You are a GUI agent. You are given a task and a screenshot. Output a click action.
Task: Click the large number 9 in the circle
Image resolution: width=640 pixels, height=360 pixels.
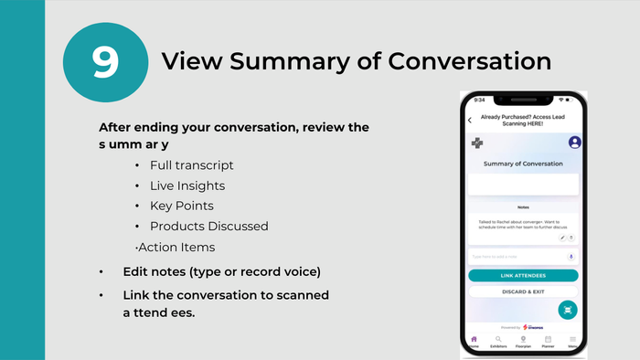(x=105, y=61)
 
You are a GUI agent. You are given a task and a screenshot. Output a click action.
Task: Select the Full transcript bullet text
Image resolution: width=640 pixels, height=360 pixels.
(x=192, y=165)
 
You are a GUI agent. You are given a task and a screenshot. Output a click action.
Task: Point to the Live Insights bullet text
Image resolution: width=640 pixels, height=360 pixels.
(x=187, y=185)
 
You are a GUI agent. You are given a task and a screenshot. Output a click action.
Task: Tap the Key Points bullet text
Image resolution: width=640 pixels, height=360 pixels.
(x=181, y=206)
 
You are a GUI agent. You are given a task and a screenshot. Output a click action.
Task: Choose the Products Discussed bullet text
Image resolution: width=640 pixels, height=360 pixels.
(x=209, y=226)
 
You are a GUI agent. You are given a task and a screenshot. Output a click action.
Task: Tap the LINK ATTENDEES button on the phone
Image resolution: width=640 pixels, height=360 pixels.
(x=523, y=275)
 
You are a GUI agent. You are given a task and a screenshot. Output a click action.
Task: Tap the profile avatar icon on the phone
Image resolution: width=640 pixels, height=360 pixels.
(x=575, y=143)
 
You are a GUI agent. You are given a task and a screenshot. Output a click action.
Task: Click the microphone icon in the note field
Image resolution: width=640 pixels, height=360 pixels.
(x=571, y=257)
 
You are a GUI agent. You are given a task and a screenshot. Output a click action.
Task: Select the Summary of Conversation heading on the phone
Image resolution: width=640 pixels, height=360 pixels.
(x=523, y=164)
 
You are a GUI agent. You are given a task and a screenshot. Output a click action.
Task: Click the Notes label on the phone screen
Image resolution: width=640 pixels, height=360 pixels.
(x=523, y=207)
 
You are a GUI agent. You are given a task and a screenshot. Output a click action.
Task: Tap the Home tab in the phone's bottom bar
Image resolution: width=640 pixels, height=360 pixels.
(x=474, y=342)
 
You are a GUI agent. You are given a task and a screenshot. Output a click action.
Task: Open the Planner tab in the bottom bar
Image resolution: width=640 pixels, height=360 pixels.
(x=548, y=342)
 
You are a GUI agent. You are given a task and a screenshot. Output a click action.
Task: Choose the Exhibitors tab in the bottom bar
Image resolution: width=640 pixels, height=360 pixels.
(x=498, y=342)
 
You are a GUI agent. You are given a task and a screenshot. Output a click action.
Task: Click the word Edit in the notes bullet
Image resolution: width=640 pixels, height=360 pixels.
(x=136, y=272)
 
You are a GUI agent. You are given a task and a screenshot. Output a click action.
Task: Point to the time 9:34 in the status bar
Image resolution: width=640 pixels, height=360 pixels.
(x=479, y=101)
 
